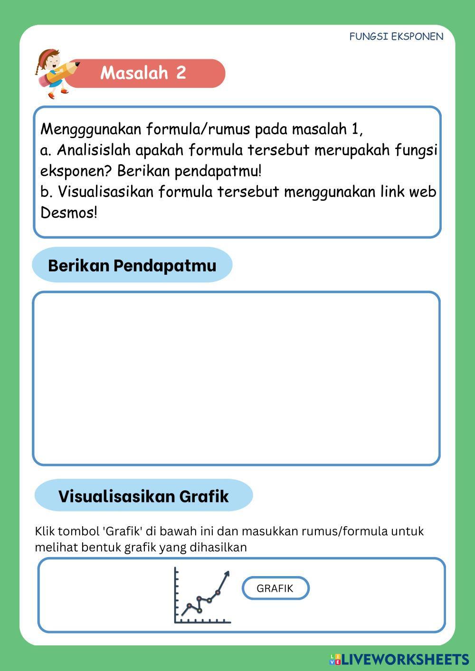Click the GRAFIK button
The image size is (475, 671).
275,588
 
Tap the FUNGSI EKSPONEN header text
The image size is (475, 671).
396,37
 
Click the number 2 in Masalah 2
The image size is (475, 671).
180,73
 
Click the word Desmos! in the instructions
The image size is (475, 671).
69,213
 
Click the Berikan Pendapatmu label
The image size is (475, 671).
132,265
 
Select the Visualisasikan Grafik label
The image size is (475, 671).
143,496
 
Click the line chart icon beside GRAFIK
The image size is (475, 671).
202,596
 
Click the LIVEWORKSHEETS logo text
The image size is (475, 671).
405,659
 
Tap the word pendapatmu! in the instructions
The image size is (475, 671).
221,171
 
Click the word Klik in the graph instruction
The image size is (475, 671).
45,531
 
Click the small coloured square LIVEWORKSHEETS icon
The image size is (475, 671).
335,659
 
